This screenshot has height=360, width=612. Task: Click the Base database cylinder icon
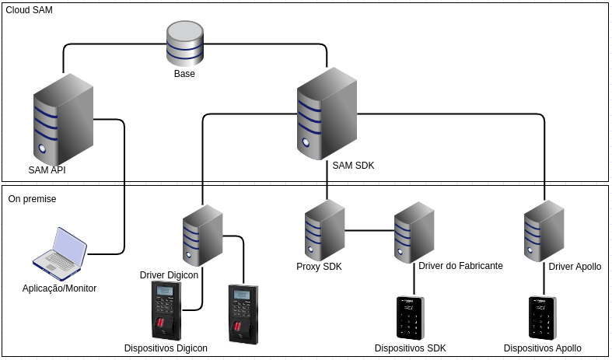click(184, 44)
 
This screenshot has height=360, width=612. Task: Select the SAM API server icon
click(62, 117)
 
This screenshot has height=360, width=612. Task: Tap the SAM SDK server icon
click(327, 113)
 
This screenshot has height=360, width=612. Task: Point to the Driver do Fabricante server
click(414, 232)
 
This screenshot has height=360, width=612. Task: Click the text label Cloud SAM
click(30, 9)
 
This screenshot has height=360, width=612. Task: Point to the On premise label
click(32, 199)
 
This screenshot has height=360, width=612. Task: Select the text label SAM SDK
click(353, 166)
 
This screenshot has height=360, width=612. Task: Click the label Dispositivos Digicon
click(166, 348)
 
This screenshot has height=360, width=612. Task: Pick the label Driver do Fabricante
click(460, 266)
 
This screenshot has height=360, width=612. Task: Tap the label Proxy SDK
click(319, 267)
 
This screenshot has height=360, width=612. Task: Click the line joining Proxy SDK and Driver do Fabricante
click(369, 230)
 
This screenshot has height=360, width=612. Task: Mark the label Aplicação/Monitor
click(59, 288)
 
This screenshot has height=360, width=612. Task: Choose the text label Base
click(184, 74)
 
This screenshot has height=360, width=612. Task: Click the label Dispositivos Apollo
click(542, 348)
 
